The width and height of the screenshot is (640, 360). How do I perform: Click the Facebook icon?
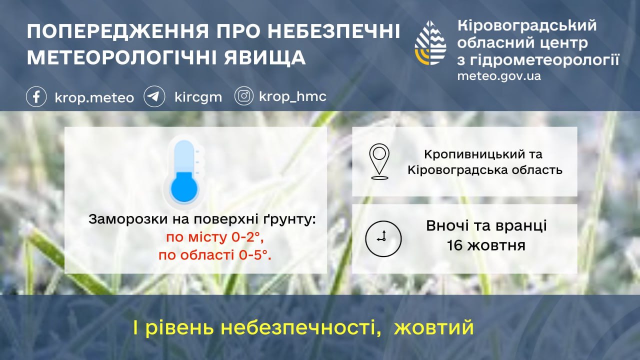pos(36,97)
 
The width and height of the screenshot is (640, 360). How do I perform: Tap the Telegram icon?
pos(154,96)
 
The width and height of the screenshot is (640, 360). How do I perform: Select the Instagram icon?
pos(243,96)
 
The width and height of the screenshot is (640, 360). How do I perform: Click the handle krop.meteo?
pos(94,97)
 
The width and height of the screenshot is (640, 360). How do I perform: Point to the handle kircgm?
pos(198,97)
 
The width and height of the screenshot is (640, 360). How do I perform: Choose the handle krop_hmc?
pos(292,96)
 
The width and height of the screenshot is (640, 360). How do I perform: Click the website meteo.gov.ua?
pos(499,76)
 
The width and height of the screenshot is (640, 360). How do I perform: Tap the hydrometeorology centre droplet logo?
pos(430,43)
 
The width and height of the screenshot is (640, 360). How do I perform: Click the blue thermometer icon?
pos(184,172)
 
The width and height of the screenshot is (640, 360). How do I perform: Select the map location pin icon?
pos(379,161)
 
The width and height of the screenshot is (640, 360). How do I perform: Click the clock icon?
pos(383,238)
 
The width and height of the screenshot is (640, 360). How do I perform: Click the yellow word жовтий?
pos(433,327)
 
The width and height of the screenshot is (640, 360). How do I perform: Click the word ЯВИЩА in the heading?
pos(265,57)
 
